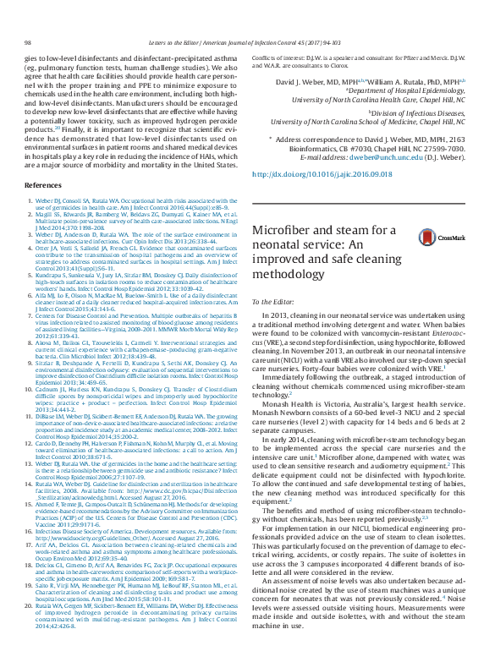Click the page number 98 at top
coord(28,41)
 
